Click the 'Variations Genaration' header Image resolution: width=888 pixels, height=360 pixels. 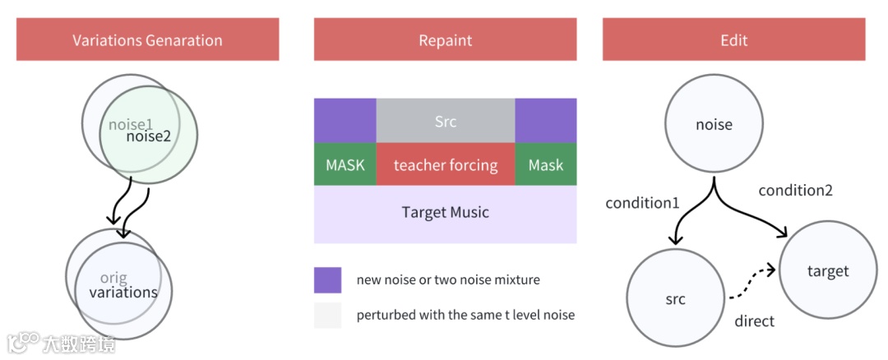coord(147,39)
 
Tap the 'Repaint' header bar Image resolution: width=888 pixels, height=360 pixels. coord(445,39)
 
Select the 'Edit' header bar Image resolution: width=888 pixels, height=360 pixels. coord(733,39)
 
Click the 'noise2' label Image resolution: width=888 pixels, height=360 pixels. coord(149,136)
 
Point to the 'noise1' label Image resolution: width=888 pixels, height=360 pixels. coord(131,125)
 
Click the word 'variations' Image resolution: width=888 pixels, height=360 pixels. coord(123,292)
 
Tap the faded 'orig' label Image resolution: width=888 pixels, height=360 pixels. coord(113,278)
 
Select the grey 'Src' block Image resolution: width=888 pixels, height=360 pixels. coord(446,121)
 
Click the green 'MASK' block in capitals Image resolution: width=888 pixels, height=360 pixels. coord(345,164)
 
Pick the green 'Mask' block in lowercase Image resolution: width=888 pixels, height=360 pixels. coord(546,164)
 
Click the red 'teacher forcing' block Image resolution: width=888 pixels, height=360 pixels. coord(446,164)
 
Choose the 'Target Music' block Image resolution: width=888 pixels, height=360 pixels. coord(446,213)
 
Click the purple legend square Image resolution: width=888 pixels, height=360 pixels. coord(327,279)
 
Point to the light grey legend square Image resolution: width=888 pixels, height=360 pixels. coord(327,315)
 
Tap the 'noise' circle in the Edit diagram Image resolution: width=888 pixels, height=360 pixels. coord(714,126)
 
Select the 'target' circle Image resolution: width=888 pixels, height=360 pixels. coord(827,270)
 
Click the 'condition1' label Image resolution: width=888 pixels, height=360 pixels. coord(642,202)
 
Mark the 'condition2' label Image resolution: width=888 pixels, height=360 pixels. coord(795,190)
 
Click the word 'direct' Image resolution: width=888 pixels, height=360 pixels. coord(754,321)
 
